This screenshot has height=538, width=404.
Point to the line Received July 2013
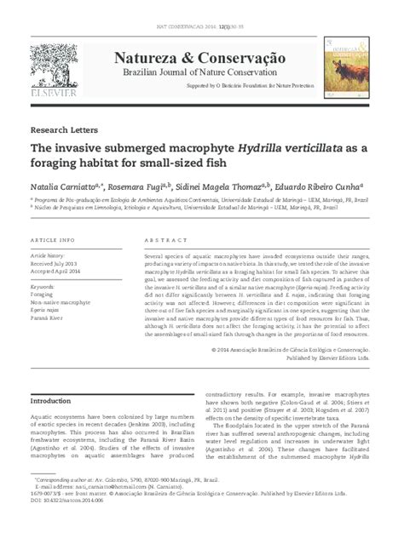click(x=57, y=264)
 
